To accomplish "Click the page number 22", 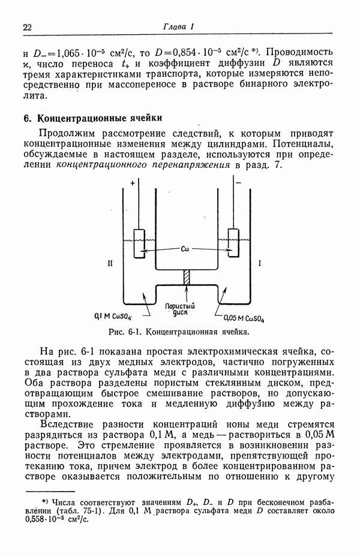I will pyautogui.click(x=27, y=28).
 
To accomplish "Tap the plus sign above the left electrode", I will pyautogui.click(x=132, y=186).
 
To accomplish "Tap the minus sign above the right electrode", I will pyautogui.click(x=239, y=186).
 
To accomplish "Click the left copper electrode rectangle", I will pyautogui.click(x=139, y=243).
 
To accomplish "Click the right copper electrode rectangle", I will pyautogui.click(x=233, y=243).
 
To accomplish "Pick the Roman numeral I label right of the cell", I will pyautogui.click(x=260, y=263).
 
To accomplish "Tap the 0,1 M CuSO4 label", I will pyautogui.click(x=113, y=315).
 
